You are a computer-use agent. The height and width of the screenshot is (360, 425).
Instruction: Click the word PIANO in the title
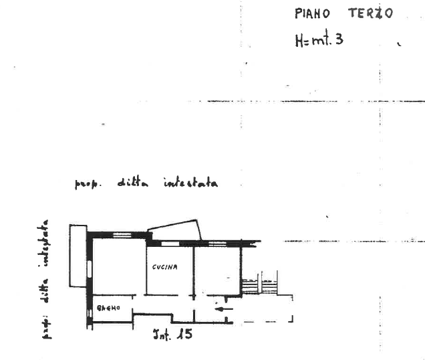312,13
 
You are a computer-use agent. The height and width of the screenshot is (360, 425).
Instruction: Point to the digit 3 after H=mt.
339,39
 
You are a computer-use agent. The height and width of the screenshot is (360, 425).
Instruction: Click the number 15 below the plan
185,332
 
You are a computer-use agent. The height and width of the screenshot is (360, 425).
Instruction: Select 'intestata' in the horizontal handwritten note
190,182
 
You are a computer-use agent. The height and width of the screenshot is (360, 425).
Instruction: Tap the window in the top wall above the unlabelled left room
121,235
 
